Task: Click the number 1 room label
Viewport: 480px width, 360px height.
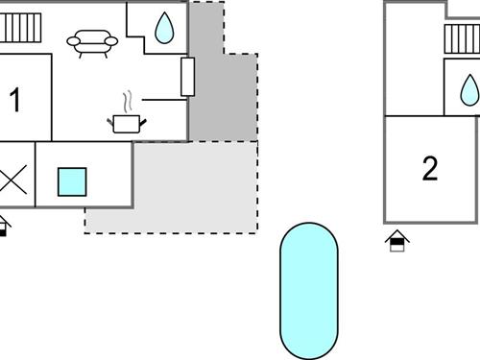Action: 14,99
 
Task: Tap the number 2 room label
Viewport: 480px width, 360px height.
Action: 430,169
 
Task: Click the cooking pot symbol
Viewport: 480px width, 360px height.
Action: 126,123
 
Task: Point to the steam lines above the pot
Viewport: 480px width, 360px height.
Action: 127,102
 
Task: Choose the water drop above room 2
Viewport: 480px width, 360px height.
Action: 469,91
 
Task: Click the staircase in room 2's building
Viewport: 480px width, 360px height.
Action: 462,39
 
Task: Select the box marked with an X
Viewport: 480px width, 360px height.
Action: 13,180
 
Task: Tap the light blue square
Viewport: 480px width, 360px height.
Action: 72,181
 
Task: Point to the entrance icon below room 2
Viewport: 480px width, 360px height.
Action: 396,241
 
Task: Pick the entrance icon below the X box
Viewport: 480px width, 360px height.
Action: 4,226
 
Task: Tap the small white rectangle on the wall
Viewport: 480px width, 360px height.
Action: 187,77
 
